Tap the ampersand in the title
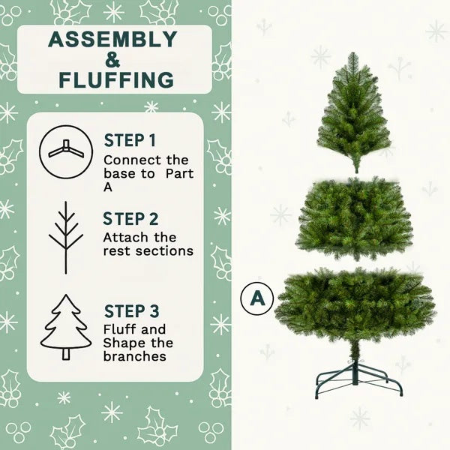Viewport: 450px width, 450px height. (114, 59)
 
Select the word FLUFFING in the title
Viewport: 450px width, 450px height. (114, 79)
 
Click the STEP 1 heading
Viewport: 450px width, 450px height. (130, 140)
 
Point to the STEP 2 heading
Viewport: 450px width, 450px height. (131, 219)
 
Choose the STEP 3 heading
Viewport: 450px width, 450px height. (131, 310)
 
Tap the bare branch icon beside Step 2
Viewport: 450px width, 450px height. (66, 237)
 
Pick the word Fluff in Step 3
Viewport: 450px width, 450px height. (118, 329)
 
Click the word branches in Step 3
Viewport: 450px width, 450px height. (134, 356)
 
